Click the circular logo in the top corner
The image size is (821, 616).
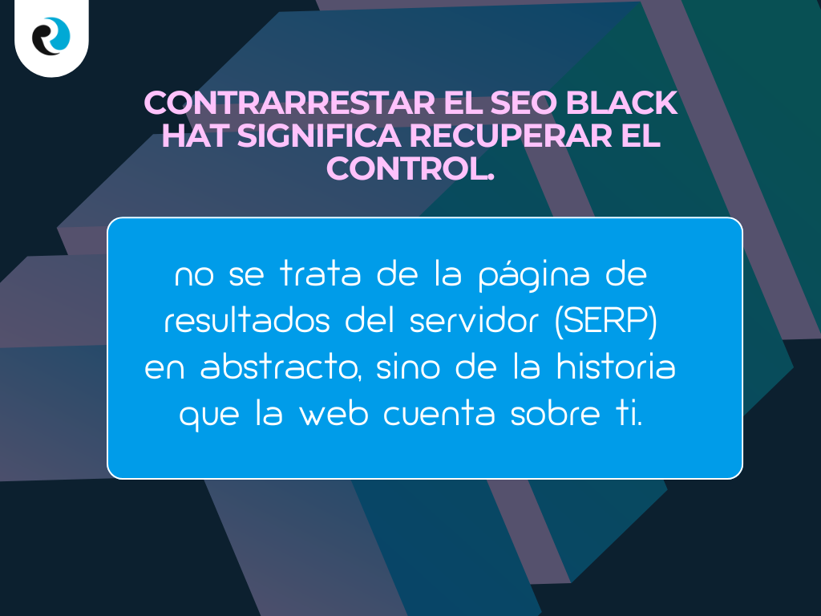point(51,36)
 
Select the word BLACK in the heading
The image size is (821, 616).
point(629,103)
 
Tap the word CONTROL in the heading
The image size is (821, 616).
point(405,168)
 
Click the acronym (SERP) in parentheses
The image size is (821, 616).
point(606,322)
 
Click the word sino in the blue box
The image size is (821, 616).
point(408,368)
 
